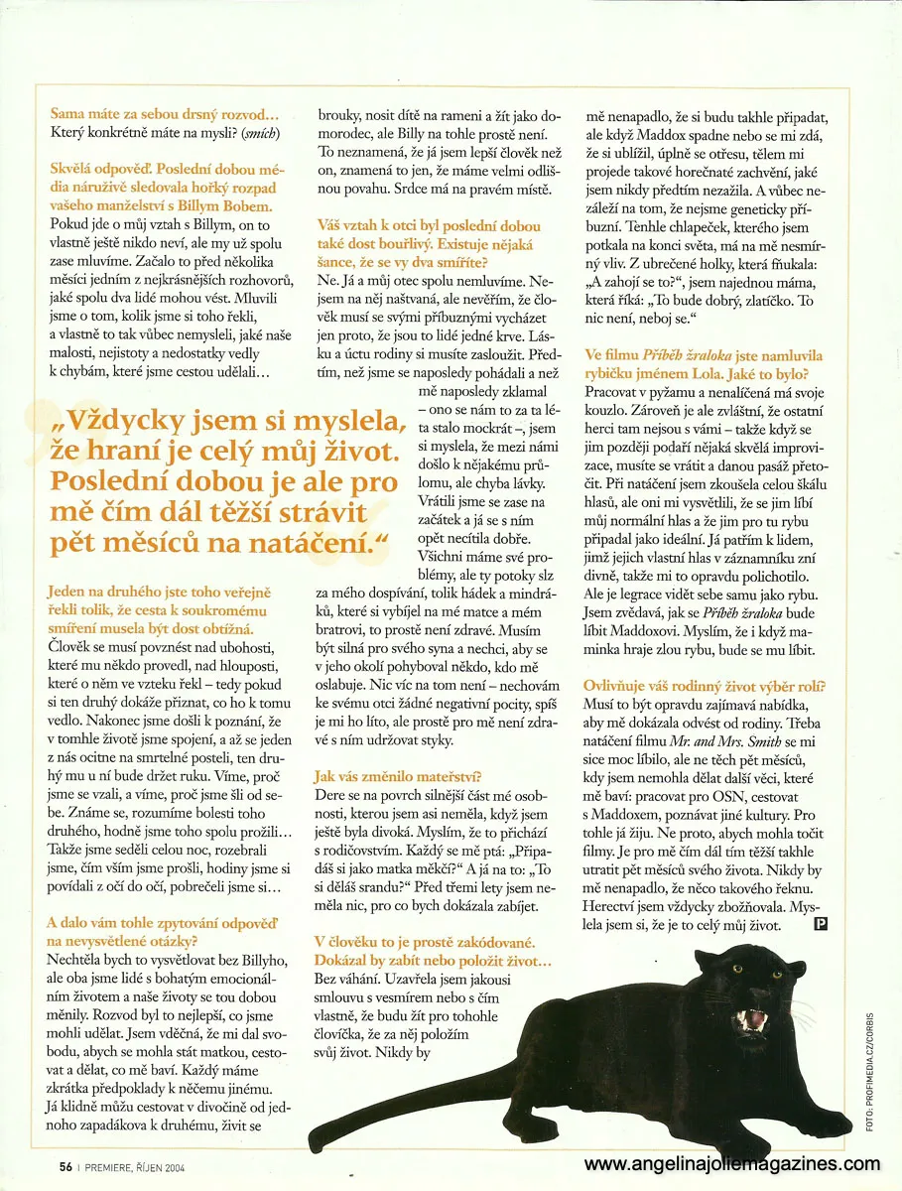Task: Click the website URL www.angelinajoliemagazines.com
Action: coord(731,1163)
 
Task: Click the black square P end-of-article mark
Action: coord(821,926)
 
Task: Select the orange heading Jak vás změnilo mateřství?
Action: coord(398,776)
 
